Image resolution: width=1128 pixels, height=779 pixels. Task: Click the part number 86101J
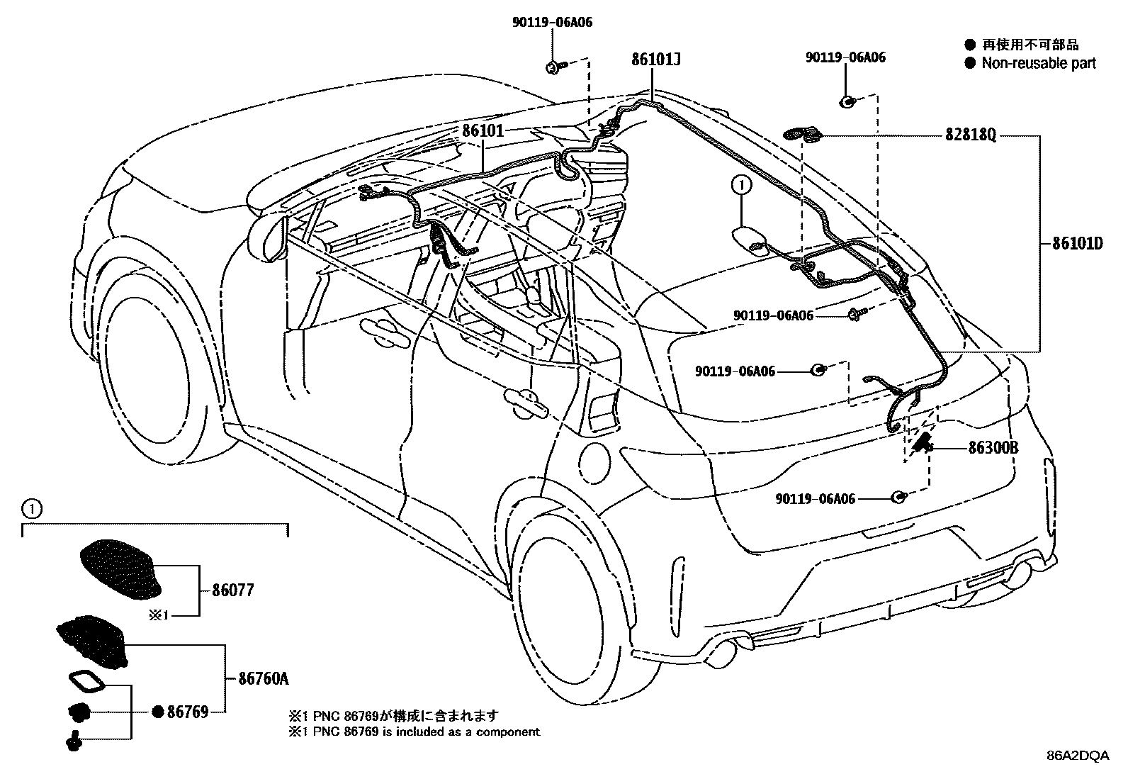coord(656,60)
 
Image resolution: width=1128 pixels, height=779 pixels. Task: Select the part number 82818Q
coord(971,135)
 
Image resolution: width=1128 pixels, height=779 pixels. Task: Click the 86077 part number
coord(232,590)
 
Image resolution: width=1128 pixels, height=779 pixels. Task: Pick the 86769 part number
coord(187,712)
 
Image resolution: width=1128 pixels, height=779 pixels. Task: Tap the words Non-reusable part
coord(1038,63)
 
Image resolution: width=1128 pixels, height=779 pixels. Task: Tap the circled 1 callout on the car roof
coord(740,186)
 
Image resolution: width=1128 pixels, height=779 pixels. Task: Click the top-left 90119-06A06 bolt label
coord(552,23)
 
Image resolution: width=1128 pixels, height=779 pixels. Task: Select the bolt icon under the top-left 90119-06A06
coord(554,67)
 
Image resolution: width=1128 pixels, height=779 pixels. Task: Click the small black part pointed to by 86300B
coord(922,442)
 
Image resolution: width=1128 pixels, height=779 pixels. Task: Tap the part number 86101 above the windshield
coord(483,131)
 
